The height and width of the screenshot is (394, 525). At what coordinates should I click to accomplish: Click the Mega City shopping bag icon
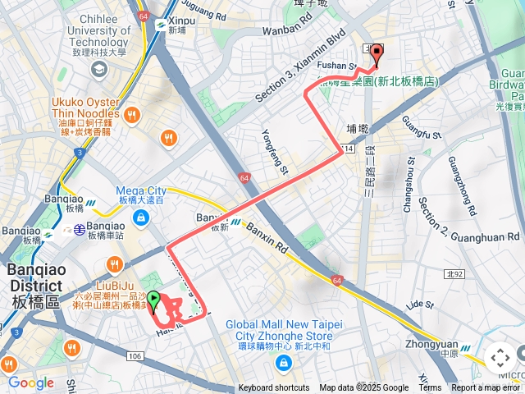click(142, 218)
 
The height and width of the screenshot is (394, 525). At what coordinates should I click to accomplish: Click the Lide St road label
click(418, 305)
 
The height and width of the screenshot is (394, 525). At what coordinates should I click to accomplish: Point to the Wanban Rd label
click(283, 30)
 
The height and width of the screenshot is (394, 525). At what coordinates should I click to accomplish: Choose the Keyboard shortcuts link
click(274, 388)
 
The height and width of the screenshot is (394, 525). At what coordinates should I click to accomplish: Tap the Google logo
click(30, 383)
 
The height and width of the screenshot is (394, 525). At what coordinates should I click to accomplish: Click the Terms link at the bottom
click(430, 388)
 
